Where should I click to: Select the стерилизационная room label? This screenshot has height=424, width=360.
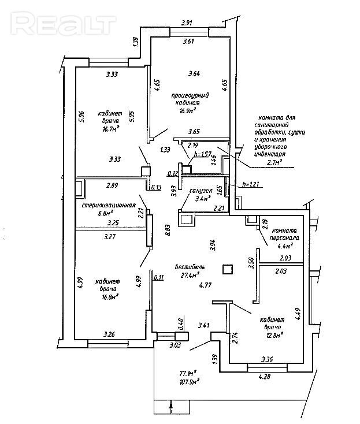[108, 205]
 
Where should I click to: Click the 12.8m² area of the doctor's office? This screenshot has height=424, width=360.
[273, 335]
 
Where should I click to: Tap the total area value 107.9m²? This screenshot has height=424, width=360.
[189, 381]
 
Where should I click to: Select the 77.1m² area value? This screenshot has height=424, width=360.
[188, 373]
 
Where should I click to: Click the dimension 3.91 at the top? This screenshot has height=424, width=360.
[186, 23]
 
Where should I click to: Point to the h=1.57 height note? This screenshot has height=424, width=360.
[203, 155]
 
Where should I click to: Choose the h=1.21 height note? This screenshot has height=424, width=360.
[250, 184]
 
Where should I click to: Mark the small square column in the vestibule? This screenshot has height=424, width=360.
[228, 269]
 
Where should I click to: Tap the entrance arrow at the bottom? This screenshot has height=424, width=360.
[172, 407]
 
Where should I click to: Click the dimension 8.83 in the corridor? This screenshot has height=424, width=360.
[168, 230]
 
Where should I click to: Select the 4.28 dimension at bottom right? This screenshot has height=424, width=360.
[265, 377]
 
